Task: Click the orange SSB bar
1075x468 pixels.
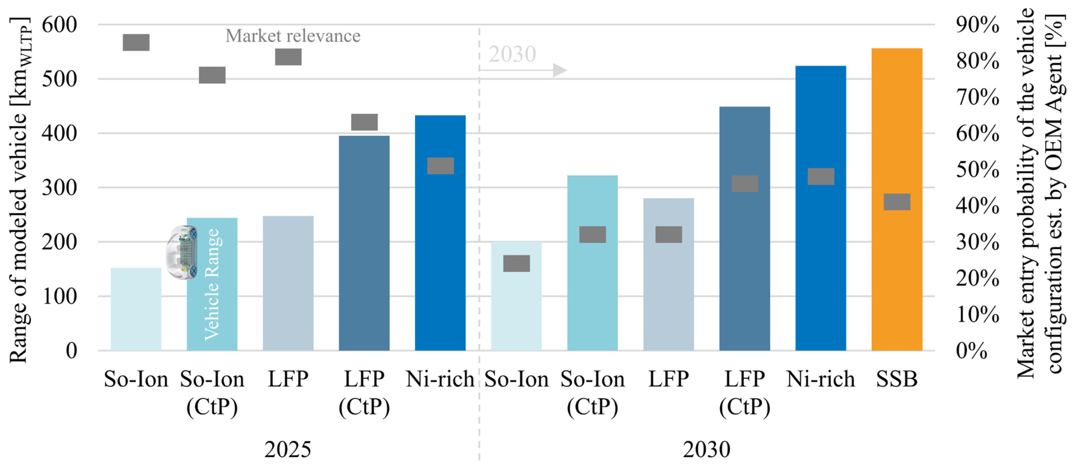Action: [x=896, y=199]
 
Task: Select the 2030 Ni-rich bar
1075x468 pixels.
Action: [x=820, y=208]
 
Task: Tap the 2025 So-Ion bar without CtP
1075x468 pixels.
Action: [x=136, y=309]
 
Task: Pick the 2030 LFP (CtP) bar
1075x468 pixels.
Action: [x=744, y=229]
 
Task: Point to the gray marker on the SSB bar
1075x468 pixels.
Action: [x=897, y=202]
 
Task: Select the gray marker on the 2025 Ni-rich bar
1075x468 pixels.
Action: [x=440, y=166]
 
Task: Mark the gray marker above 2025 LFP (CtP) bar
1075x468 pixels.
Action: [x=364, y=122]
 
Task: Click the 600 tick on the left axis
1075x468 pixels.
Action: [x=60, y=25]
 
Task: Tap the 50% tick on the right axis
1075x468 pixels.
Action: [x=977, y=170]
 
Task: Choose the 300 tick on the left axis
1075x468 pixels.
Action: [x=60, y=188]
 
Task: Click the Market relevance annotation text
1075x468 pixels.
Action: [x=293, y=36]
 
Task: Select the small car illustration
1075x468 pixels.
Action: [x=182, y=252]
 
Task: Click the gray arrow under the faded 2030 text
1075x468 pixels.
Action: [x=523, y=70]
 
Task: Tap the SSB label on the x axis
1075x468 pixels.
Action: [x=897, y=379]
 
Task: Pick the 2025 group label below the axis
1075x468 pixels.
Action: [x=288, y=449]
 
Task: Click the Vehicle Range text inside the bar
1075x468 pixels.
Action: [x=212, y=285]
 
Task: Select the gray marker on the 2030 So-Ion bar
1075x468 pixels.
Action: [x=517, y=263]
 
